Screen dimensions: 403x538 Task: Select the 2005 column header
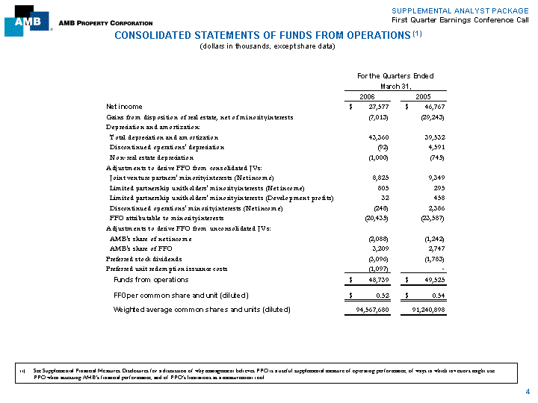[423, 96]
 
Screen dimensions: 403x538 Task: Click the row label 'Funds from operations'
[151, 280]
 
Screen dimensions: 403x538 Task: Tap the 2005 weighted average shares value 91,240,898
[424, 310]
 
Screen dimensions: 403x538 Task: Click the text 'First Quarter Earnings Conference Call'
[460, 19]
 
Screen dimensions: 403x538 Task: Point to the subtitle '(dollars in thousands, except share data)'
[268, 46]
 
